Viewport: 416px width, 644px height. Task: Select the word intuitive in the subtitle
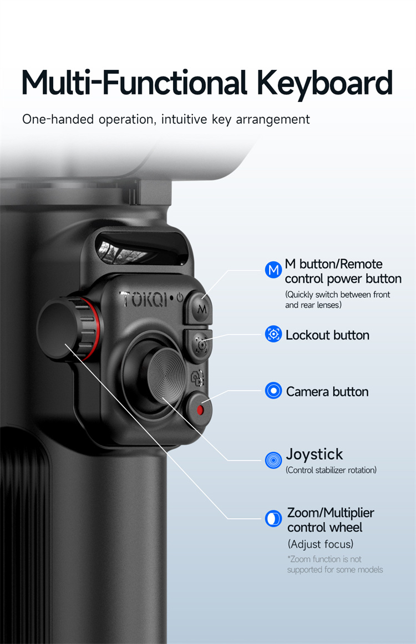(184, 119)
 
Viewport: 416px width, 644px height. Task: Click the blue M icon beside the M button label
(273, 270)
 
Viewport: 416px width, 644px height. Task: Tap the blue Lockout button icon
(273, 334)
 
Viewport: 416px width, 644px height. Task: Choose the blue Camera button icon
(273, 391)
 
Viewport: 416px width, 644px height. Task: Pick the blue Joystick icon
(273, 460)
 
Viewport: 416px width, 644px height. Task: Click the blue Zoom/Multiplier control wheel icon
(273, 519)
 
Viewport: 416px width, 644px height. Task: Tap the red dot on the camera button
(200, 410)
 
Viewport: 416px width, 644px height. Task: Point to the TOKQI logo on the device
(144, 299)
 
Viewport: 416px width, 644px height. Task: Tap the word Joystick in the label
(314, 455)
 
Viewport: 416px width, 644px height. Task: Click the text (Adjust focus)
(320, 544)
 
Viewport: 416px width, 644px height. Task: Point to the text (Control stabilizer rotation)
(331, 470)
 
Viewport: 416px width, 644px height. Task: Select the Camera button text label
(327, 392)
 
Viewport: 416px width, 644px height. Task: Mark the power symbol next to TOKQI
(180, 297)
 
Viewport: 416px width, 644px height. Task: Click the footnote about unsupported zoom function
(335, 564)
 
